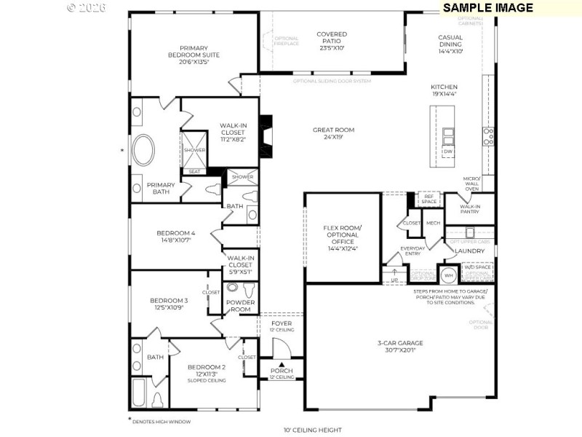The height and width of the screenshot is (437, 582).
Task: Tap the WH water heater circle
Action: pos(449,275)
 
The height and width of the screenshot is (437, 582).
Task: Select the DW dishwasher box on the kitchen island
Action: pos(448,151)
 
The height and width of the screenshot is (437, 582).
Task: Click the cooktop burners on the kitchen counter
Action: pos(488,136)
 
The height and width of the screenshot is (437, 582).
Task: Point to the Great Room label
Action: pos(333,133)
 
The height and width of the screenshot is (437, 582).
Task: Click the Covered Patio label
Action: pos(331,40)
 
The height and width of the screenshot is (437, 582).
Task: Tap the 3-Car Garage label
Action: pos(400,347)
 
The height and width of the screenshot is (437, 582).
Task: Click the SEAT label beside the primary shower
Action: pos(194,172)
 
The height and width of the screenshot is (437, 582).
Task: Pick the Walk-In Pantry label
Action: pos(469,210)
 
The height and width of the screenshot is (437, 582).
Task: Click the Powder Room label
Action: pos(239,305)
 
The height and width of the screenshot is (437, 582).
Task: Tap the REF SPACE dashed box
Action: pos(428,199)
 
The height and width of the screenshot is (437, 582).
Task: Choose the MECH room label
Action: pos(433,223)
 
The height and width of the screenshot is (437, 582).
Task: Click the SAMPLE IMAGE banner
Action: pos(487,7)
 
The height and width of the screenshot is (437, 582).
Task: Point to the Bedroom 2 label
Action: pos(206,371)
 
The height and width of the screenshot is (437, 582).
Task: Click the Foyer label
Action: pos(282,326)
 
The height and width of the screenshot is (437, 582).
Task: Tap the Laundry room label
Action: pos(469,251)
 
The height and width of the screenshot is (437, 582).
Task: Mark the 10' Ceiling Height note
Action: pos(312,430)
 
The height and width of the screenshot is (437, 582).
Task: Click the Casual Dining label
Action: pos(450,44)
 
